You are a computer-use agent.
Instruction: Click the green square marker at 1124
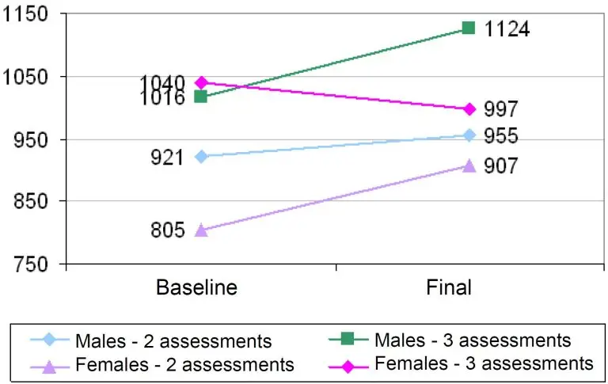(469, 29)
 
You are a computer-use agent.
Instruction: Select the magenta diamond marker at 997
(469, 108)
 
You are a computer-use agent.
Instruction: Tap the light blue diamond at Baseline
(200, 156)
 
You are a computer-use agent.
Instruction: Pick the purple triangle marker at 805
(200, 230)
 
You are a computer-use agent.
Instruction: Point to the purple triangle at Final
(469, 165)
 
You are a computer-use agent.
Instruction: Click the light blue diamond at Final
(469, 135)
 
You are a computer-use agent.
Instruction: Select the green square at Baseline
(200, 97)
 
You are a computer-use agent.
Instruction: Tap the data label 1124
(507, 30)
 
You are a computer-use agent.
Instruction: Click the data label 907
(501, 166)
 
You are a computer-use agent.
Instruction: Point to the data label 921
(167, 157)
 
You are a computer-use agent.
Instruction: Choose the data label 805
(167, 231)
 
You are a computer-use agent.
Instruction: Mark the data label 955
(501, 136)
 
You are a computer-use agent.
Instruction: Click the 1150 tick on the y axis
(26, 15)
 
